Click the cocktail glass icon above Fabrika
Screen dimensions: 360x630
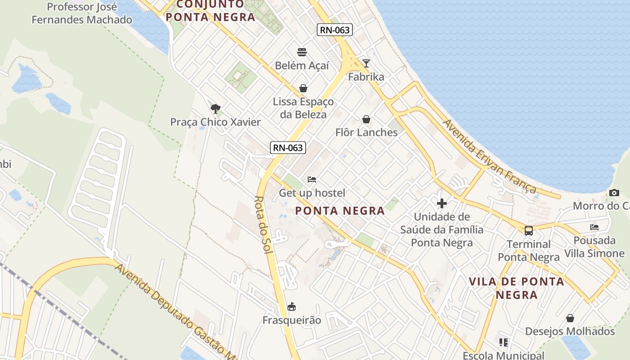pos(366,63)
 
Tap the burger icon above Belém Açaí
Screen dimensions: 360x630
pos(302,52)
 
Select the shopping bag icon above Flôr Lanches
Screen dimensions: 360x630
pos(366,119)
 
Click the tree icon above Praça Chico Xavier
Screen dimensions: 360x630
pos(216,108)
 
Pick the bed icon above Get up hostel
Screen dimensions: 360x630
pos(312,180)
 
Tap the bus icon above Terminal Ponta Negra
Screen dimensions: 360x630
pos(529,231)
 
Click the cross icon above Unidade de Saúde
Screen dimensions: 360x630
pos(442,203)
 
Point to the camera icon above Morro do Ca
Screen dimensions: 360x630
pos(614,193)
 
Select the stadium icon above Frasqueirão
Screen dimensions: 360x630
pos(292,307)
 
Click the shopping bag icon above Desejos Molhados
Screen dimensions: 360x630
pos(570,318)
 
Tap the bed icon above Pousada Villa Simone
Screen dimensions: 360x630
pos(594,227)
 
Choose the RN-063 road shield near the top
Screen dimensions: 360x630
pos(334,30)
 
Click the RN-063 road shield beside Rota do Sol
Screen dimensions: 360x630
pos(288,147)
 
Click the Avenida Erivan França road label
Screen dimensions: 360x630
pos(490,156)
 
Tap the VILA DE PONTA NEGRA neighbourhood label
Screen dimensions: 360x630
pos(517,288)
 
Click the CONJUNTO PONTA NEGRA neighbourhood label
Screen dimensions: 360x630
pos(210,11)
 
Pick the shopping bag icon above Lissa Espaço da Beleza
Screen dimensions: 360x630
pos(303,88)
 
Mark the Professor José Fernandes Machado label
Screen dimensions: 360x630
pos(82,13)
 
